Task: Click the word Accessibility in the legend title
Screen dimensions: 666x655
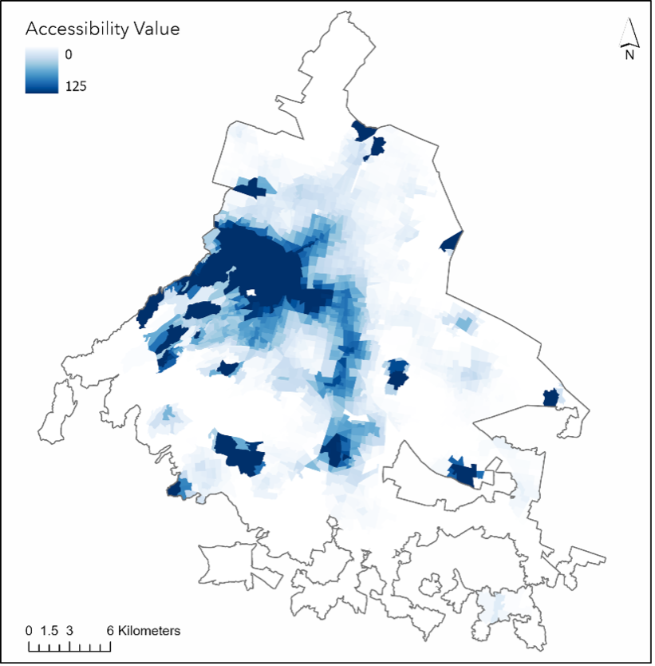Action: coord(76,30)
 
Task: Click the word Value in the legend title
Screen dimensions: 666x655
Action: coord(154,30)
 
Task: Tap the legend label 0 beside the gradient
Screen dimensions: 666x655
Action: coord(69,54)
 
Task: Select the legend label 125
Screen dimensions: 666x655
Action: coord(75,86)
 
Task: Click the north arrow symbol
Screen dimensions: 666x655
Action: coord(629,34)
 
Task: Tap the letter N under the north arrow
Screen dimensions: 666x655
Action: coord(629,54)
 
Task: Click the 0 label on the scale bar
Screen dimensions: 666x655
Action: coord(30,631)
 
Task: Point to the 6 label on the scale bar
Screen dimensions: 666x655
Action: coord(111,631)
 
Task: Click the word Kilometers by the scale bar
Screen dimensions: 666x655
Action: coord(149,631)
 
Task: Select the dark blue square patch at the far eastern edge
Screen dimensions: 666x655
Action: coord(550,397)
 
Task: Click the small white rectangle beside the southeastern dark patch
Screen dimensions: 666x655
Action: coord(486,478)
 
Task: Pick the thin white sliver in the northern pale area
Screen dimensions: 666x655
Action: coord(353,180)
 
